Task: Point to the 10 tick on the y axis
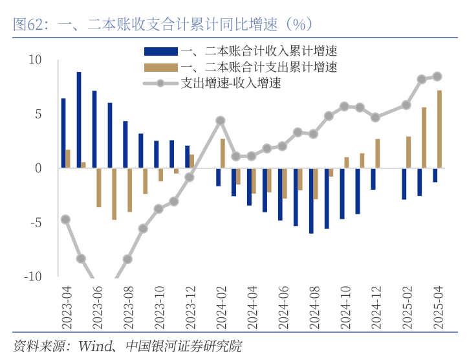[x=34, y=60]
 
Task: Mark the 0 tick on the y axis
[x=38, y=168]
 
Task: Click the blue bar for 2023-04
[x=63, y=133]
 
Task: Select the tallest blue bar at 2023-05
[x=79, y=120]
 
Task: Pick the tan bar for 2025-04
[x=440, y=129]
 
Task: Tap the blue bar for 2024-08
[x=311, y=201]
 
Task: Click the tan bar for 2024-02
[x=223, y=153]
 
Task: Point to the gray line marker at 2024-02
[x=221, y=120]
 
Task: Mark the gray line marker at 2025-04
[x=437, y=76]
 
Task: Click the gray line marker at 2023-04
[x=65, y=219]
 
